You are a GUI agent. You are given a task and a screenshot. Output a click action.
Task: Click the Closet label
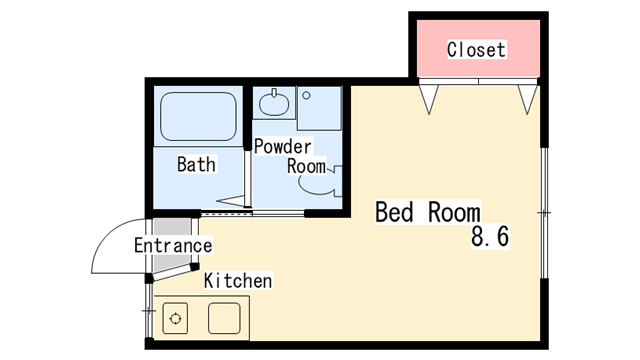pyautogui.click(x=476, y=50)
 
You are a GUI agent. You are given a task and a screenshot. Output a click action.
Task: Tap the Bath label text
pyautogui.click(x=196, y=164)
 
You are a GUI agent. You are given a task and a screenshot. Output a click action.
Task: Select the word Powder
pyautogui.click(x=282, y=147)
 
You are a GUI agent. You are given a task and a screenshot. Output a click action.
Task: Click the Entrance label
pyautogui.click(x=173, y=245)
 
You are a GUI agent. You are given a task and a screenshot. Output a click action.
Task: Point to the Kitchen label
pyautogui.click(x=238, y=281)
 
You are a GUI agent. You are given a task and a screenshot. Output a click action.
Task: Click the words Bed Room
pyautogui.click(x=428, y=212)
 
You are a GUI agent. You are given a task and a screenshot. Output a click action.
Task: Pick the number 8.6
pyautogui.click(x=490, y=236)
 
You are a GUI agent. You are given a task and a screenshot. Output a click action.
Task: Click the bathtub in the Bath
pyautogui.click(x=198, y=117)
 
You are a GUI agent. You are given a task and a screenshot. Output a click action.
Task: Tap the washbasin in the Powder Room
pyautogui.click(x=274, y=102)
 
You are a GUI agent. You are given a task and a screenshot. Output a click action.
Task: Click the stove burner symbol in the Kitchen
pyautogui.click(x=176, y=318)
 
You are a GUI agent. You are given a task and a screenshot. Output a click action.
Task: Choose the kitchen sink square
pyautogui.click(x=224, y=318)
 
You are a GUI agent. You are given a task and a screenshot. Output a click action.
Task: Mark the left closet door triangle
pyautogui.click(x=429, y=99)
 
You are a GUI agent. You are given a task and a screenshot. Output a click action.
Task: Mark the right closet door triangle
pyautogui.click(x=527, y=99)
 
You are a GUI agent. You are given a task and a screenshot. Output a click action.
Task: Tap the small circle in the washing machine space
pyautogui.click(x=307, y=96)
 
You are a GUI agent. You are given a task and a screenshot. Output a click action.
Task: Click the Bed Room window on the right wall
pyautogui.click(x=544, y=213)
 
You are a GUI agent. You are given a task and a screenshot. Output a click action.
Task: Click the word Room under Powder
pyautogui.click(x=307, y=167)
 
